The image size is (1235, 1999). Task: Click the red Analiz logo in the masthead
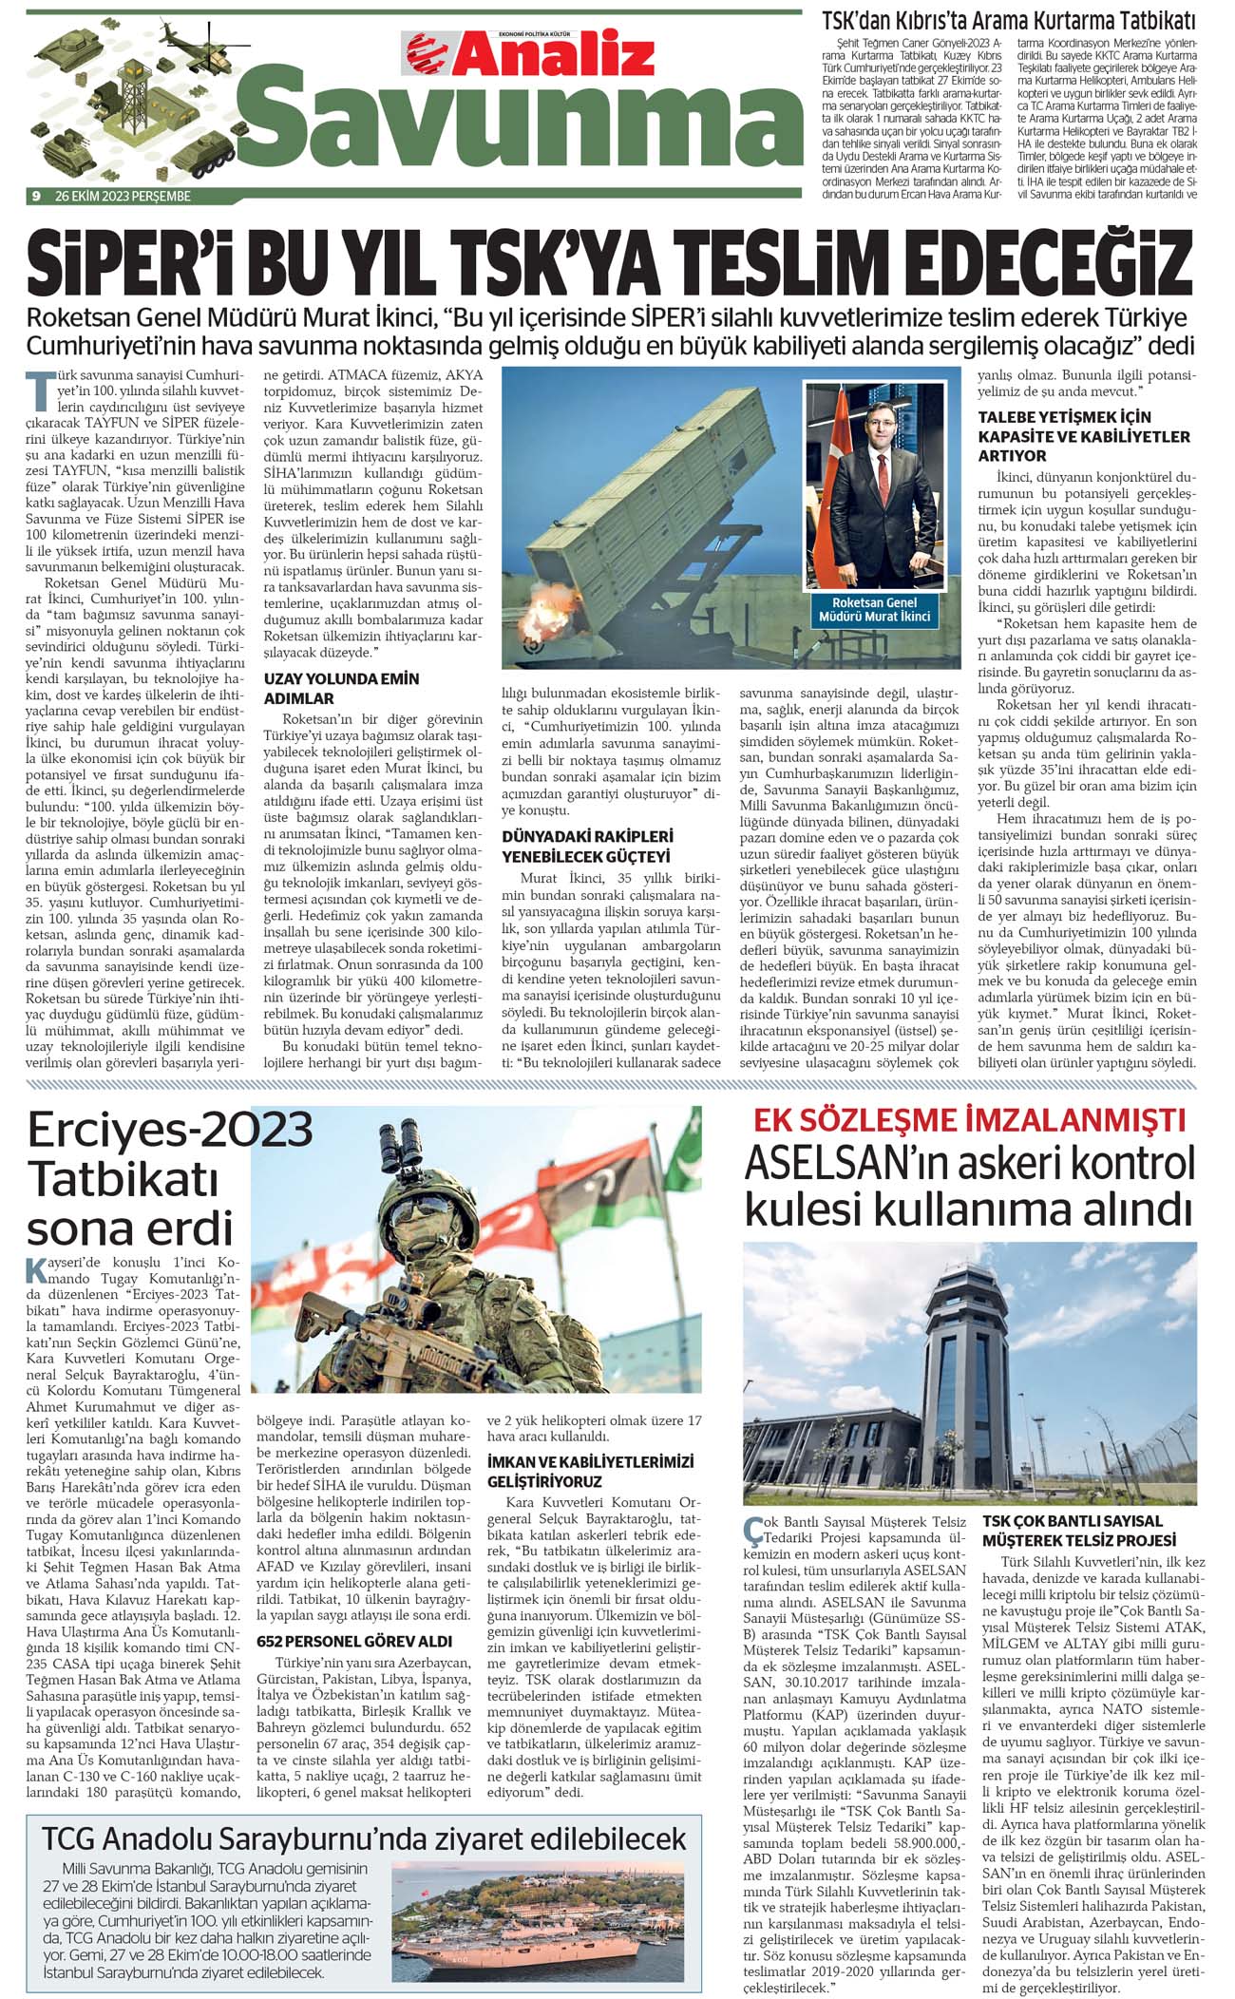pyautogui.click(x=530, y=53)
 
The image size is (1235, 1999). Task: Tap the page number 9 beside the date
pyautogui.click(x=35, y=197)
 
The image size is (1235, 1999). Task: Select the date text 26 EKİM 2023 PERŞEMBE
pyautogui.click(x=123, y=197)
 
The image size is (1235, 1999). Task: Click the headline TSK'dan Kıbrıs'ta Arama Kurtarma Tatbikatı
pyautogui.click(x=1009, y=20)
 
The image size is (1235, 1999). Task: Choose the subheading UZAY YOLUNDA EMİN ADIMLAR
pyautogui.click(x=341, y=688)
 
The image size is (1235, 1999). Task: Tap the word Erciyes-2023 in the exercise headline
pyautogui.click(x=170, y=1130)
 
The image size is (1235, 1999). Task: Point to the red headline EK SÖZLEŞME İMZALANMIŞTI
pyautogui.click(x=969, y=1120)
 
